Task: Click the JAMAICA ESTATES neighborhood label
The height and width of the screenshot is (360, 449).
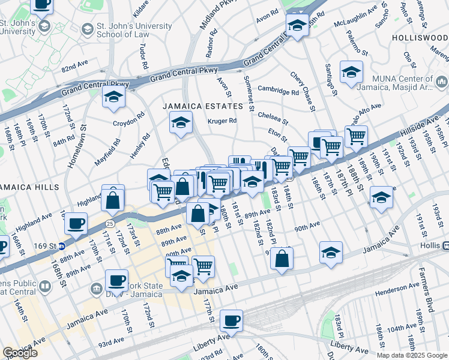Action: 202,106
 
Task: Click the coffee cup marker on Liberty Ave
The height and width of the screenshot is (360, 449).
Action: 231,321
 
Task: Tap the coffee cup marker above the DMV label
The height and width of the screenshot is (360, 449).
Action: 116,280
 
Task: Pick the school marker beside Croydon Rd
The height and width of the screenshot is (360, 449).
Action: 113,97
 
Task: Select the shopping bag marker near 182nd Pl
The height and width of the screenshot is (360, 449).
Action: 282,259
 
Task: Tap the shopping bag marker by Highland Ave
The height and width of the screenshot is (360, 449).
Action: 113,200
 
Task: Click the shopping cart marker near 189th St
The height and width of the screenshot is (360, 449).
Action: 356,136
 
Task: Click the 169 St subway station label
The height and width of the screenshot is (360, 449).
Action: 49,245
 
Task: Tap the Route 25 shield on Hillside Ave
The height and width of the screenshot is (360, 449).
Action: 108,223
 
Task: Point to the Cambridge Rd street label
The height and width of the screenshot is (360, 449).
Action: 278,90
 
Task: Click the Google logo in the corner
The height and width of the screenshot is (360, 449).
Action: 20,353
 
